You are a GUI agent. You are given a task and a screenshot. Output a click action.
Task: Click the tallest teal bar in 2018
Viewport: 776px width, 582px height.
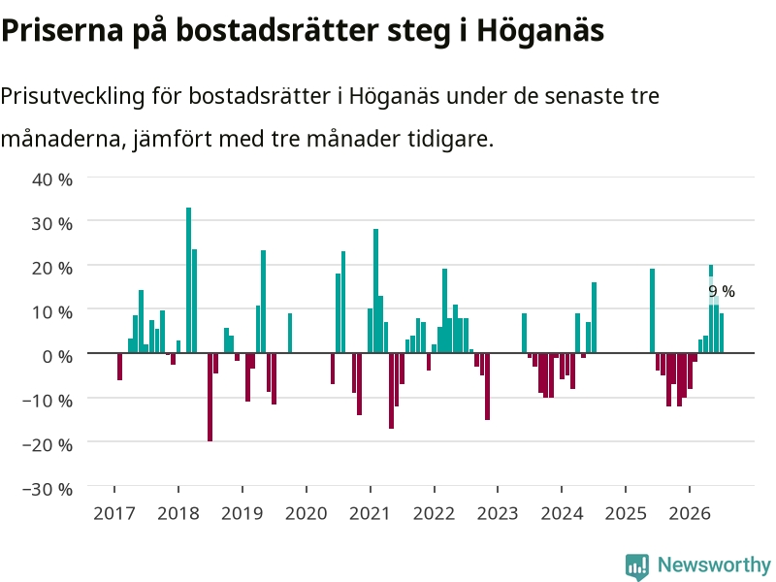188,280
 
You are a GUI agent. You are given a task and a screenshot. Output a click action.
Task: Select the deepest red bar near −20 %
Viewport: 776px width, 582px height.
210,397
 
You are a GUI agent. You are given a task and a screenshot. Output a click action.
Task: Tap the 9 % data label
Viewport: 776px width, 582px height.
722,292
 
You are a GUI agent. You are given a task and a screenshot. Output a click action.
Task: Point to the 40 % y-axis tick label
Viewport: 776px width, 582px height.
52,179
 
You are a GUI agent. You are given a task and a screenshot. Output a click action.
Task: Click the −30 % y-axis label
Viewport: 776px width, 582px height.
48,489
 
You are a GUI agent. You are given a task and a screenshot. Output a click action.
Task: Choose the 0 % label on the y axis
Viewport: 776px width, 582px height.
57,356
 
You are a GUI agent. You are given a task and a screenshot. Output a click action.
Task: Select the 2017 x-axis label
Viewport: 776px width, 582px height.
114,513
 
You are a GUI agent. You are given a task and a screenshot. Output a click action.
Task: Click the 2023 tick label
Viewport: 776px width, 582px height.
498,513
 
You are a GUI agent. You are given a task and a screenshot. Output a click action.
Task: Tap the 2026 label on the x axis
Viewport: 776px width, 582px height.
690,513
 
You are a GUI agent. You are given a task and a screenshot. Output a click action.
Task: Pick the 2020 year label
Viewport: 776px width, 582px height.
307,513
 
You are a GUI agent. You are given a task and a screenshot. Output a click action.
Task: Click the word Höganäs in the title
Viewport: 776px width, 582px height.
540,30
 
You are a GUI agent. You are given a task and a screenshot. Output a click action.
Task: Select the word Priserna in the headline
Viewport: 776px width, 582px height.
62,30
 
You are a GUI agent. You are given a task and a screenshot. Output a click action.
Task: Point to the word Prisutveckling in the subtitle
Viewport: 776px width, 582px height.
73,96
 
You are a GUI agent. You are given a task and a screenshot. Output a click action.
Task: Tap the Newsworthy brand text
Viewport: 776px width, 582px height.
714,565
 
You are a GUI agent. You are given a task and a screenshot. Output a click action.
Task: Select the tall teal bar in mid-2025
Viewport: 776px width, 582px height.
652,310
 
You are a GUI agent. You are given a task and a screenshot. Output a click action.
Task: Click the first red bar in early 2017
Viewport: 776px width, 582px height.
119,367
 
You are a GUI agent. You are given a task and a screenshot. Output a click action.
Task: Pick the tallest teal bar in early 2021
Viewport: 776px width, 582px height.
375,291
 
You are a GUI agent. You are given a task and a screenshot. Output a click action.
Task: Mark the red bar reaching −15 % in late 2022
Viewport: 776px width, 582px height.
488,386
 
